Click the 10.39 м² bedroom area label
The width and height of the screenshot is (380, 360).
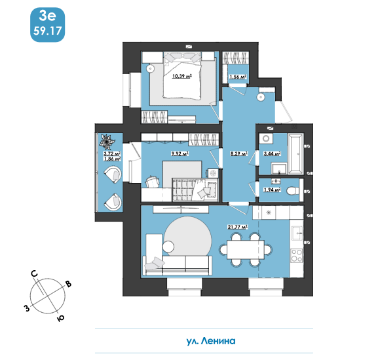click(181, 77)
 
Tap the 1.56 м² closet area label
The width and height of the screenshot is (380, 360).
click(238, 77)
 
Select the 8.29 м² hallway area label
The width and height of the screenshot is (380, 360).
click(238, 153)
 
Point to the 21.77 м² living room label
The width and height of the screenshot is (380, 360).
click(237, 227)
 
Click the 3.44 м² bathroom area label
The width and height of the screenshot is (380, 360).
click(272, 153)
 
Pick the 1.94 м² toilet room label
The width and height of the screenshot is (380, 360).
click(272, 190)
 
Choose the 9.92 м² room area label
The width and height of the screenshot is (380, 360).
click(180, 153)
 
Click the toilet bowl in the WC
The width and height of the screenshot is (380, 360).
click(293, 191)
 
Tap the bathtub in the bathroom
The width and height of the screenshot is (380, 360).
click(295, 153)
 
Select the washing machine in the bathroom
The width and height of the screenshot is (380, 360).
click(266, 139)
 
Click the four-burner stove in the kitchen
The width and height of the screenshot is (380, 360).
click(297, 256)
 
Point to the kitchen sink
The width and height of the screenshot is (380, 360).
click(297, 233)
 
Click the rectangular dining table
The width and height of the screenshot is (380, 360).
click(246, 250)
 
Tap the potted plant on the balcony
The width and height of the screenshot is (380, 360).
click(106, 142)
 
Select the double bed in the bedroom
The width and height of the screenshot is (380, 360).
click(182, 75)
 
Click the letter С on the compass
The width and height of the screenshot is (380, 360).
click(35, 274)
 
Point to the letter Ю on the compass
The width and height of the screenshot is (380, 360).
click(61, 318)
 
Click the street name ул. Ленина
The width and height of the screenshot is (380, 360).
click(211, 341)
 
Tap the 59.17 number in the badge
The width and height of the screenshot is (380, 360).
click(47, 31)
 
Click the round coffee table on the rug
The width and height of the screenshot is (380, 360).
click(168, 247)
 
